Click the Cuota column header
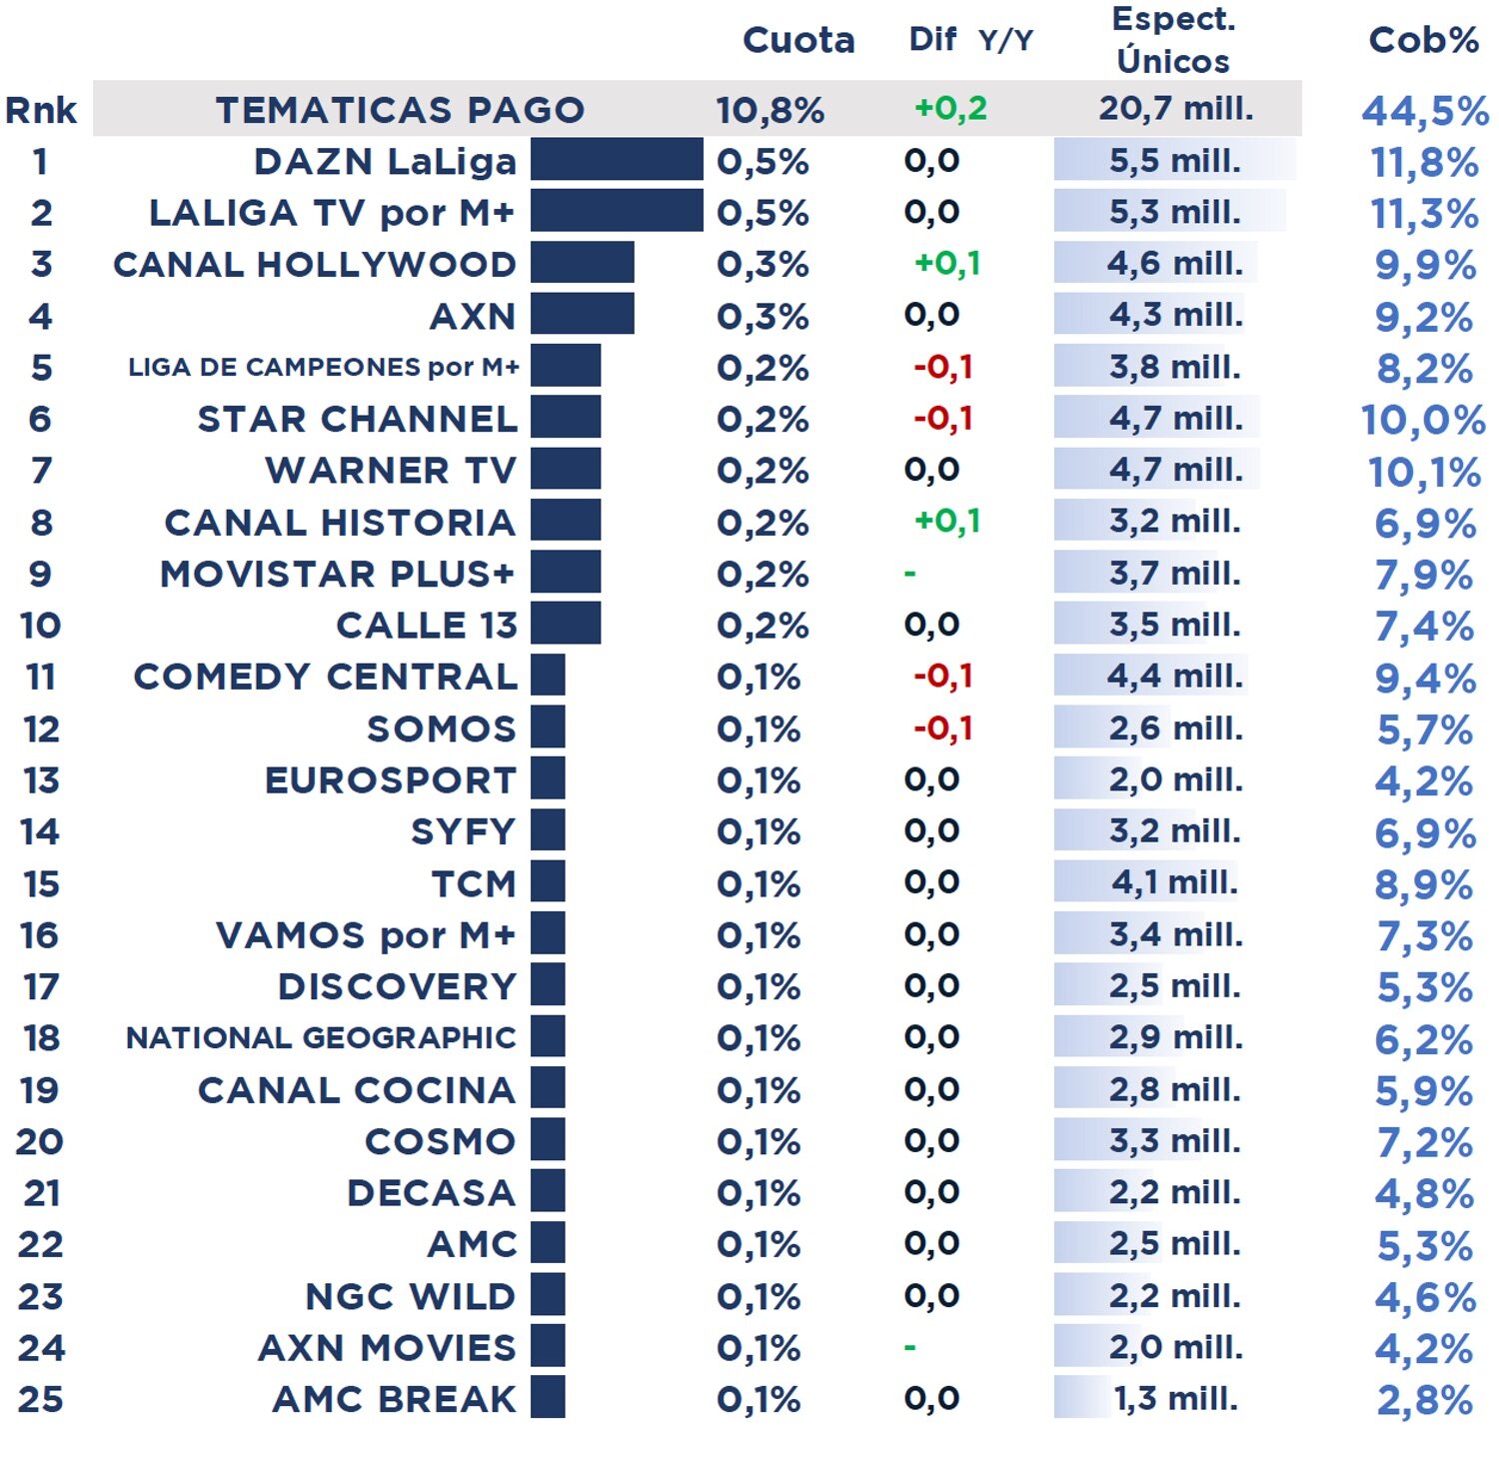click(x=798, y=40)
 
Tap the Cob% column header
click(x=1423, y=40)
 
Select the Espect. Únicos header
click(x=1173, y=40)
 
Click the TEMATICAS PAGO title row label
click(x=400, y=109)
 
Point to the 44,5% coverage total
click(x=1424, y=111)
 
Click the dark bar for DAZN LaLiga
click(x=617, y=160)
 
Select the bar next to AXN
click(x=582, y=315)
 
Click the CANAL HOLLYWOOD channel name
click(x=315, y=264)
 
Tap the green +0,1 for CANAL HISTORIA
click(x=946, y=521)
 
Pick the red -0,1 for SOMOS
click(x=942, y=729)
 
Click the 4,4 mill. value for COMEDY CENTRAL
click(x=1174, y=677)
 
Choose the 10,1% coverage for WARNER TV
click(x=1423, y=472)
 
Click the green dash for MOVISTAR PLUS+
click(x=909, y=574)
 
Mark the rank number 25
click(x=40, y=1399)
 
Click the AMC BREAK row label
click(x=395, y=1399)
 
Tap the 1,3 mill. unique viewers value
click(x=1175, y=1398)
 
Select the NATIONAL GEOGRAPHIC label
click(x=321, y=1037)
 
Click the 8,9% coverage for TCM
click(x=1423, y=884)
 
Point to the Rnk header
click(x=40, y=110)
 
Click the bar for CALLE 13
click(x=566, y=624)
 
